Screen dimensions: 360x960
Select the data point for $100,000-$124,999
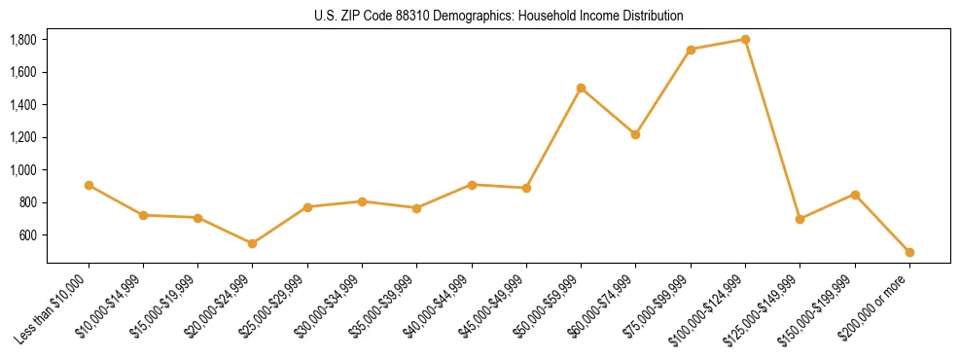click(745, 40)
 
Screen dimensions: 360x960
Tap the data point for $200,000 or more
click(909, 252)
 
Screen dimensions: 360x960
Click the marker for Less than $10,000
click(89, 185)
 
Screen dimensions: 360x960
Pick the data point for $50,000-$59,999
click(581, 88)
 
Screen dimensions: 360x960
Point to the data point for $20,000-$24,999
click(253, 243)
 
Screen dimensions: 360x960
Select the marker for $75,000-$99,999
click(691, 50)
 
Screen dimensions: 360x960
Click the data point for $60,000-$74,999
click(635, 134)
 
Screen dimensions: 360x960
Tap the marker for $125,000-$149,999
click(800, 219)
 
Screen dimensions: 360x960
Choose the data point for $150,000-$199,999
click(855, 195)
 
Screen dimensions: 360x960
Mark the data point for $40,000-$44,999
click(472, 185)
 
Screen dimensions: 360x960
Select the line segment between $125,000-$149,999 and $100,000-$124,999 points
click(772, 129)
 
